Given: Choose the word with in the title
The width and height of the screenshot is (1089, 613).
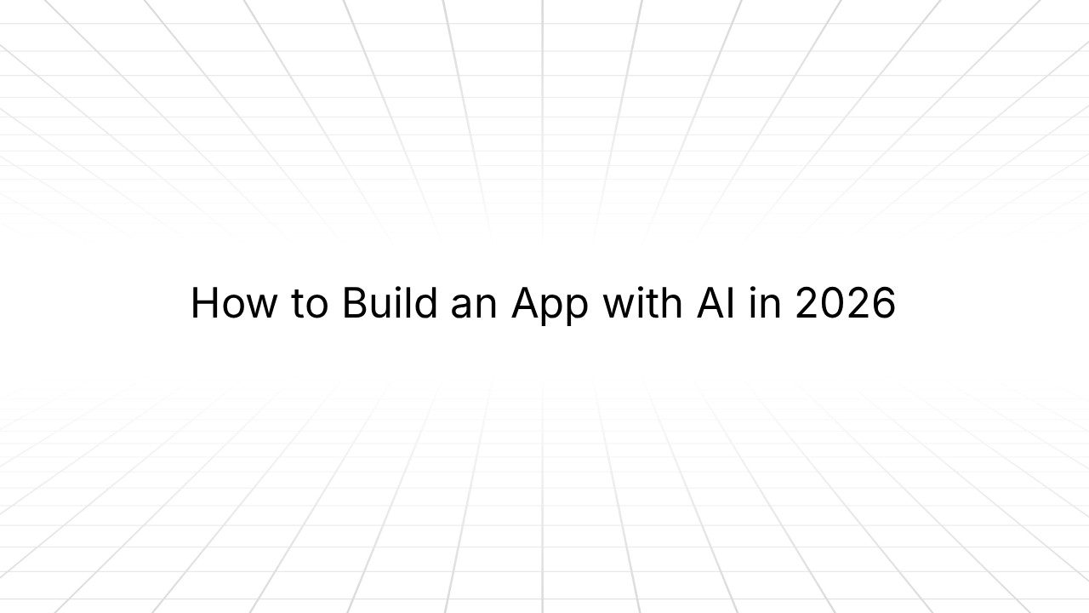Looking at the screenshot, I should click(642, 304).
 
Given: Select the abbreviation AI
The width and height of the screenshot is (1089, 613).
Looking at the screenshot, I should click(717, 304).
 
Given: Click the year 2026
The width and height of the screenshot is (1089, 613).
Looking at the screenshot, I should click(845, 304).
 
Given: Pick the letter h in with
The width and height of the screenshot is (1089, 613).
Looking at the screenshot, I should click(672, 304).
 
